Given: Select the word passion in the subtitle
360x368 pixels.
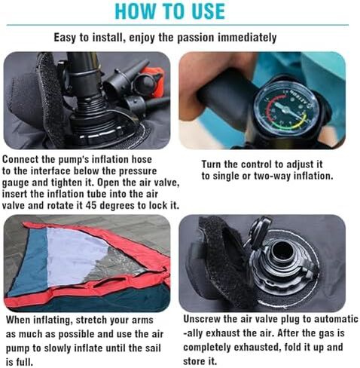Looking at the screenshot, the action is pos(196,38).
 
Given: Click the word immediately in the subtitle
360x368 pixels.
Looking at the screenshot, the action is pos(247,38).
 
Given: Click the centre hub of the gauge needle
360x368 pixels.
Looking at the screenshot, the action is pos(285,110).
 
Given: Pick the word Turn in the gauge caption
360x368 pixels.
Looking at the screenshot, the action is pos(211,164).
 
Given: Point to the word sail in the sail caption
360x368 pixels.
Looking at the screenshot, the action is pos(153,348).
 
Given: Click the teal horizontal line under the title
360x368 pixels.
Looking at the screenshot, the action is pos(178,25).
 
